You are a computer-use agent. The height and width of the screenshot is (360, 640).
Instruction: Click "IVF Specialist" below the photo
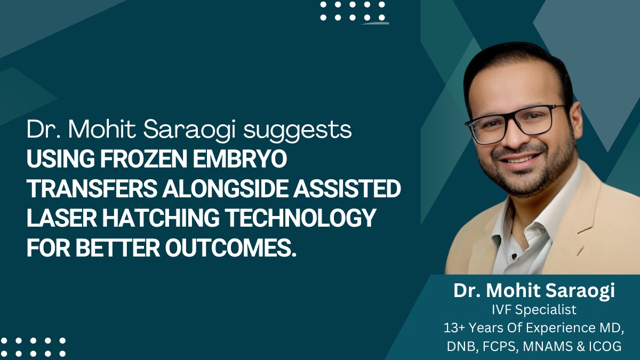(x=535, y=309)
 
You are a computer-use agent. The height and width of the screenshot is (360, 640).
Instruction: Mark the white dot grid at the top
(x=353, y=11)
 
